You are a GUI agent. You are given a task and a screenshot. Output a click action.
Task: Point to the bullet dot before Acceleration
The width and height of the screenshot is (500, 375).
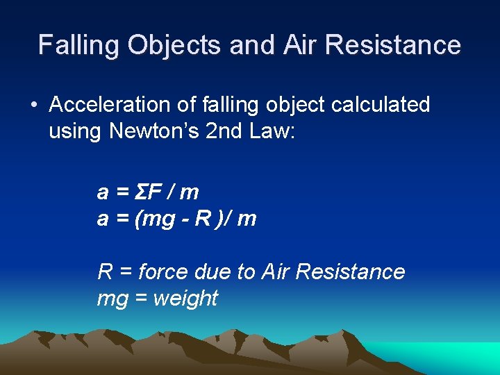[33, 106]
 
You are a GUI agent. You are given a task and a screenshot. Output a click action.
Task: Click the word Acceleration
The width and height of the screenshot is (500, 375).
[109, 105]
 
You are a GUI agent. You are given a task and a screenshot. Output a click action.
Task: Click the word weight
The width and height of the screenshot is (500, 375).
[185, 299]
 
